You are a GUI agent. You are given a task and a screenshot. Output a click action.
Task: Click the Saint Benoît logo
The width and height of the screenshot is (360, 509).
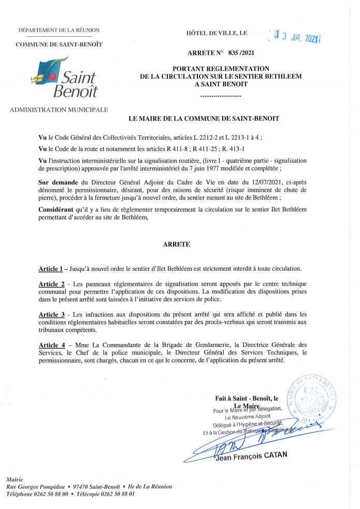64,78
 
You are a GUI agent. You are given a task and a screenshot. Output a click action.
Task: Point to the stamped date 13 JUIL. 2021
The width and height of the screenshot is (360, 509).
298,37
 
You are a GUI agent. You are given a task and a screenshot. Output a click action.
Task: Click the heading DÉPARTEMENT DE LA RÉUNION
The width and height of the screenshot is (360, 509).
59,31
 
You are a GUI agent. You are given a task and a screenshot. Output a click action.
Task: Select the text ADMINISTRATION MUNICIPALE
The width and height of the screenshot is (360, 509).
59,110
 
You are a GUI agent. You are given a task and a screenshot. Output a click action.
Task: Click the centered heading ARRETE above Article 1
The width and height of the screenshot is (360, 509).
180,243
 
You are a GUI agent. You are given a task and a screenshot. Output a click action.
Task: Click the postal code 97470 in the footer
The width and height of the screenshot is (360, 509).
81,487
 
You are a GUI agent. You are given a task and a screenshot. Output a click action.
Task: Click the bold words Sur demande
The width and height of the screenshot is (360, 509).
59,182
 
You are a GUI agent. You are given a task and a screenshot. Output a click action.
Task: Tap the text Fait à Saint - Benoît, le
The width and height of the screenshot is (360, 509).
247,398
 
